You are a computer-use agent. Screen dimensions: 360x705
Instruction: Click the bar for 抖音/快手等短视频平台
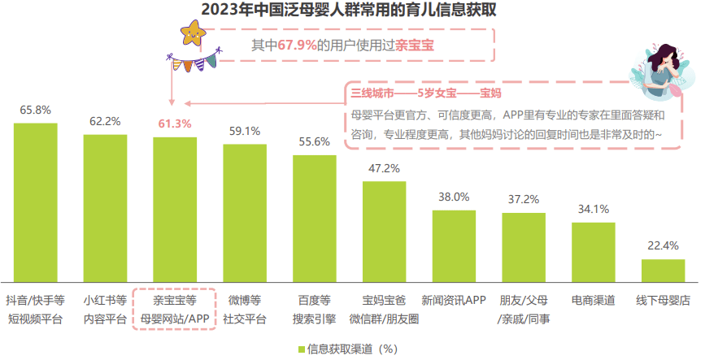[x=36, y=203]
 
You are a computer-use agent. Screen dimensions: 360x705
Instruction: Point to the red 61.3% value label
[x=175, y=124]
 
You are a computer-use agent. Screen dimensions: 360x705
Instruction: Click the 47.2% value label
[x=384, y=168]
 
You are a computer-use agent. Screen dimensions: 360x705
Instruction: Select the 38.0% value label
[x=454, y=197]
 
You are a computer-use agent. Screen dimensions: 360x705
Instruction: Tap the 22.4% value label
[x=663, y=245]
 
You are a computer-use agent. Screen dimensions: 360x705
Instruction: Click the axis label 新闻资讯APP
[x=454, y=300]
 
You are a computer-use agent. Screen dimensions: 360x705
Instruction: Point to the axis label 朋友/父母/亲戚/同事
[x=523, y=310]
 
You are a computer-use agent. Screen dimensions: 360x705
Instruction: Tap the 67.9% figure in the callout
[x=297, y=45]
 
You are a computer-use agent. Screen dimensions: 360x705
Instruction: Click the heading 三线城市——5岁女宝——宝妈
[x=425, y=93]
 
